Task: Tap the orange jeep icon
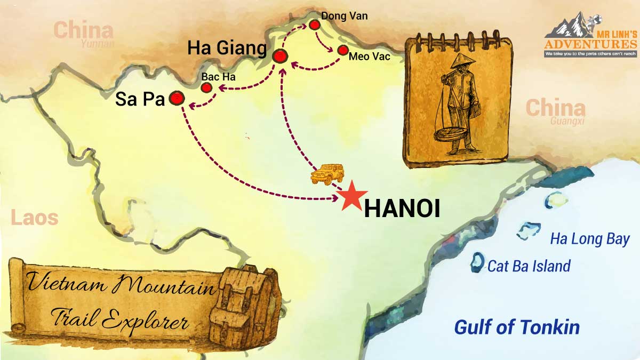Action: tap(326, 174)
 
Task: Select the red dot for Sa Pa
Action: tap(177, 98)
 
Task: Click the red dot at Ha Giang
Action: tap(280, 56)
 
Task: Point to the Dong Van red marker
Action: tap(314, 25)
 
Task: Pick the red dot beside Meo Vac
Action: tap(342, 51)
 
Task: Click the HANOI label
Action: tap(402, 210)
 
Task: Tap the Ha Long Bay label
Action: tap(590, 239)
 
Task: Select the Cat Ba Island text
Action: tap(529, 266)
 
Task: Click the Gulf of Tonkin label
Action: tap(516, 327)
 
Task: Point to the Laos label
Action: tap(34, 218)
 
